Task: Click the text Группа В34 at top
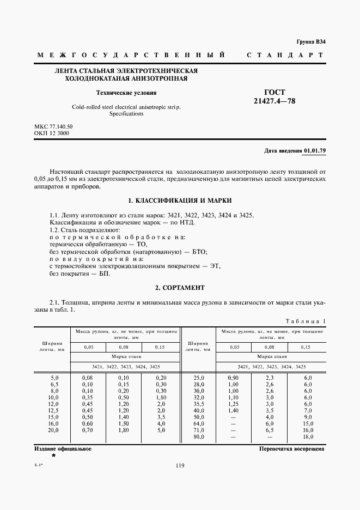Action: [x=310, y=42]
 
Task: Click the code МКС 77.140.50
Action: [x=53, y=127]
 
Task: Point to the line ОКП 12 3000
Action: [x=51, y=133]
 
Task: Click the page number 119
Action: [x=180, y=465]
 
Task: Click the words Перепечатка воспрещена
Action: [x=292, y=449]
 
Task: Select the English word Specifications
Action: [x=126, y=114]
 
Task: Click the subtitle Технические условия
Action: [x=126, y=93]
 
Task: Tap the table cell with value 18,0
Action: [x=308, y=437]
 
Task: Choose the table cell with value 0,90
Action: [x=234, y=377]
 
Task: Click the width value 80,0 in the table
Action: [x=198, y=437]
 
